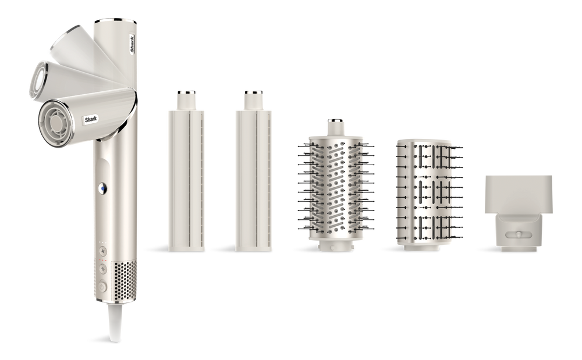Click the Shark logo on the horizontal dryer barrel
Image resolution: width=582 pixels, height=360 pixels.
coord(88,119)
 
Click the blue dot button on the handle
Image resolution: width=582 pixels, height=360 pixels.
coord(102,189)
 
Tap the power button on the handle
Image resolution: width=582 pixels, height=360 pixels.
coord(103,286)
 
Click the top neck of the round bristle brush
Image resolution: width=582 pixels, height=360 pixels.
coord(335,124)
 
